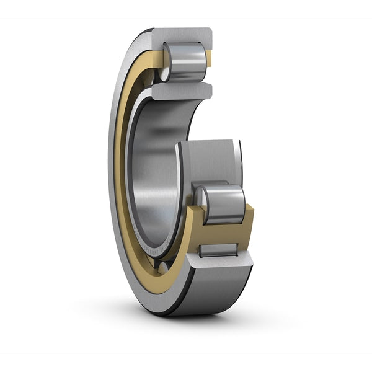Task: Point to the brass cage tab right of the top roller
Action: click(209, 59)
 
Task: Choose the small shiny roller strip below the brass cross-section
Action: click(218, 250)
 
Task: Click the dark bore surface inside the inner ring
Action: click(158, 167)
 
